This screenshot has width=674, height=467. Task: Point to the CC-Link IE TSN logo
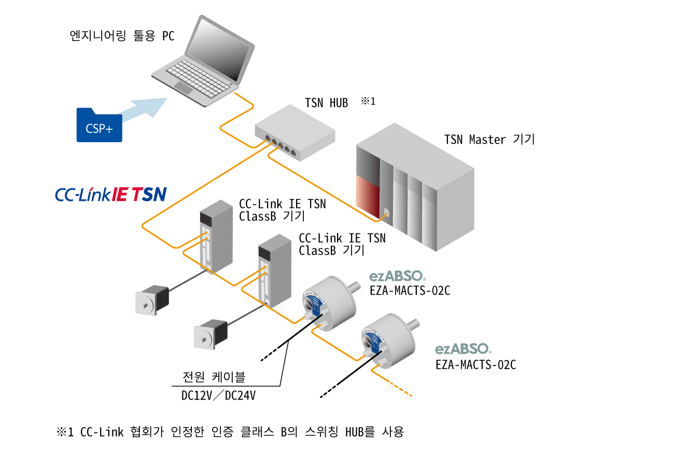point(110,194)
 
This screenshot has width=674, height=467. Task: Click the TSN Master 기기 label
point(489,140)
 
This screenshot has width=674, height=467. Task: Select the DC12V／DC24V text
point(218,396)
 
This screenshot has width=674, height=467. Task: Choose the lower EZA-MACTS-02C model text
point(475,365)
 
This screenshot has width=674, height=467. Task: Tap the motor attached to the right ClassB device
point(210,334)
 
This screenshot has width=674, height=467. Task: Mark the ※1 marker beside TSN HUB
point(368,101)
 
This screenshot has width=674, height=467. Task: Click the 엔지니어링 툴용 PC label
point(122,36)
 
